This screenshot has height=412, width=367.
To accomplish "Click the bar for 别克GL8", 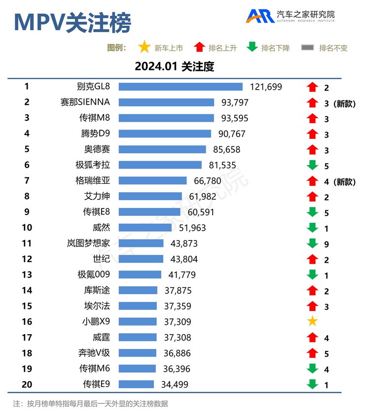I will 181,87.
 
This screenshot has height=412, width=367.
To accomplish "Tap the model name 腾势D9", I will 94,134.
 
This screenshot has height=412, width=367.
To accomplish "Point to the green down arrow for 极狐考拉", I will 312,166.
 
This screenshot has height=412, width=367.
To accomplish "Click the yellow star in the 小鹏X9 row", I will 312,322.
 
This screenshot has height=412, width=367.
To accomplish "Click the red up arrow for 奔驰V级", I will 312,353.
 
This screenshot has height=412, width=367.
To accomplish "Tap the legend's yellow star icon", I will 144,48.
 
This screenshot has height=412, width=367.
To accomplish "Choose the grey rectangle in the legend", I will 308,48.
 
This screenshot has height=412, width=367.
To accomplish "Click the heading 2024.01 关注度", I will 174,67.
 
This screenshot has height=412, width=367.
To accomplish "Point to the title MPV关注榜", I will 73,22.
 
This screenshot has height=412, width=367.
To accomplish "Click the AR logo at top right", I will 260,16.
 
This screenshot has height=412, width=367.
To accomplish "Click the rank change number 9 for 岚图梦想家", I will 327,244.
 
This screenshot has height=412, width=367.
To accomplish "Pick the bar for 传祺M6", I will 137,369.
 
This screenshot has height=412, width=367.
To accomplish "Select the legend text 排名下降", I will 275,48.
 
